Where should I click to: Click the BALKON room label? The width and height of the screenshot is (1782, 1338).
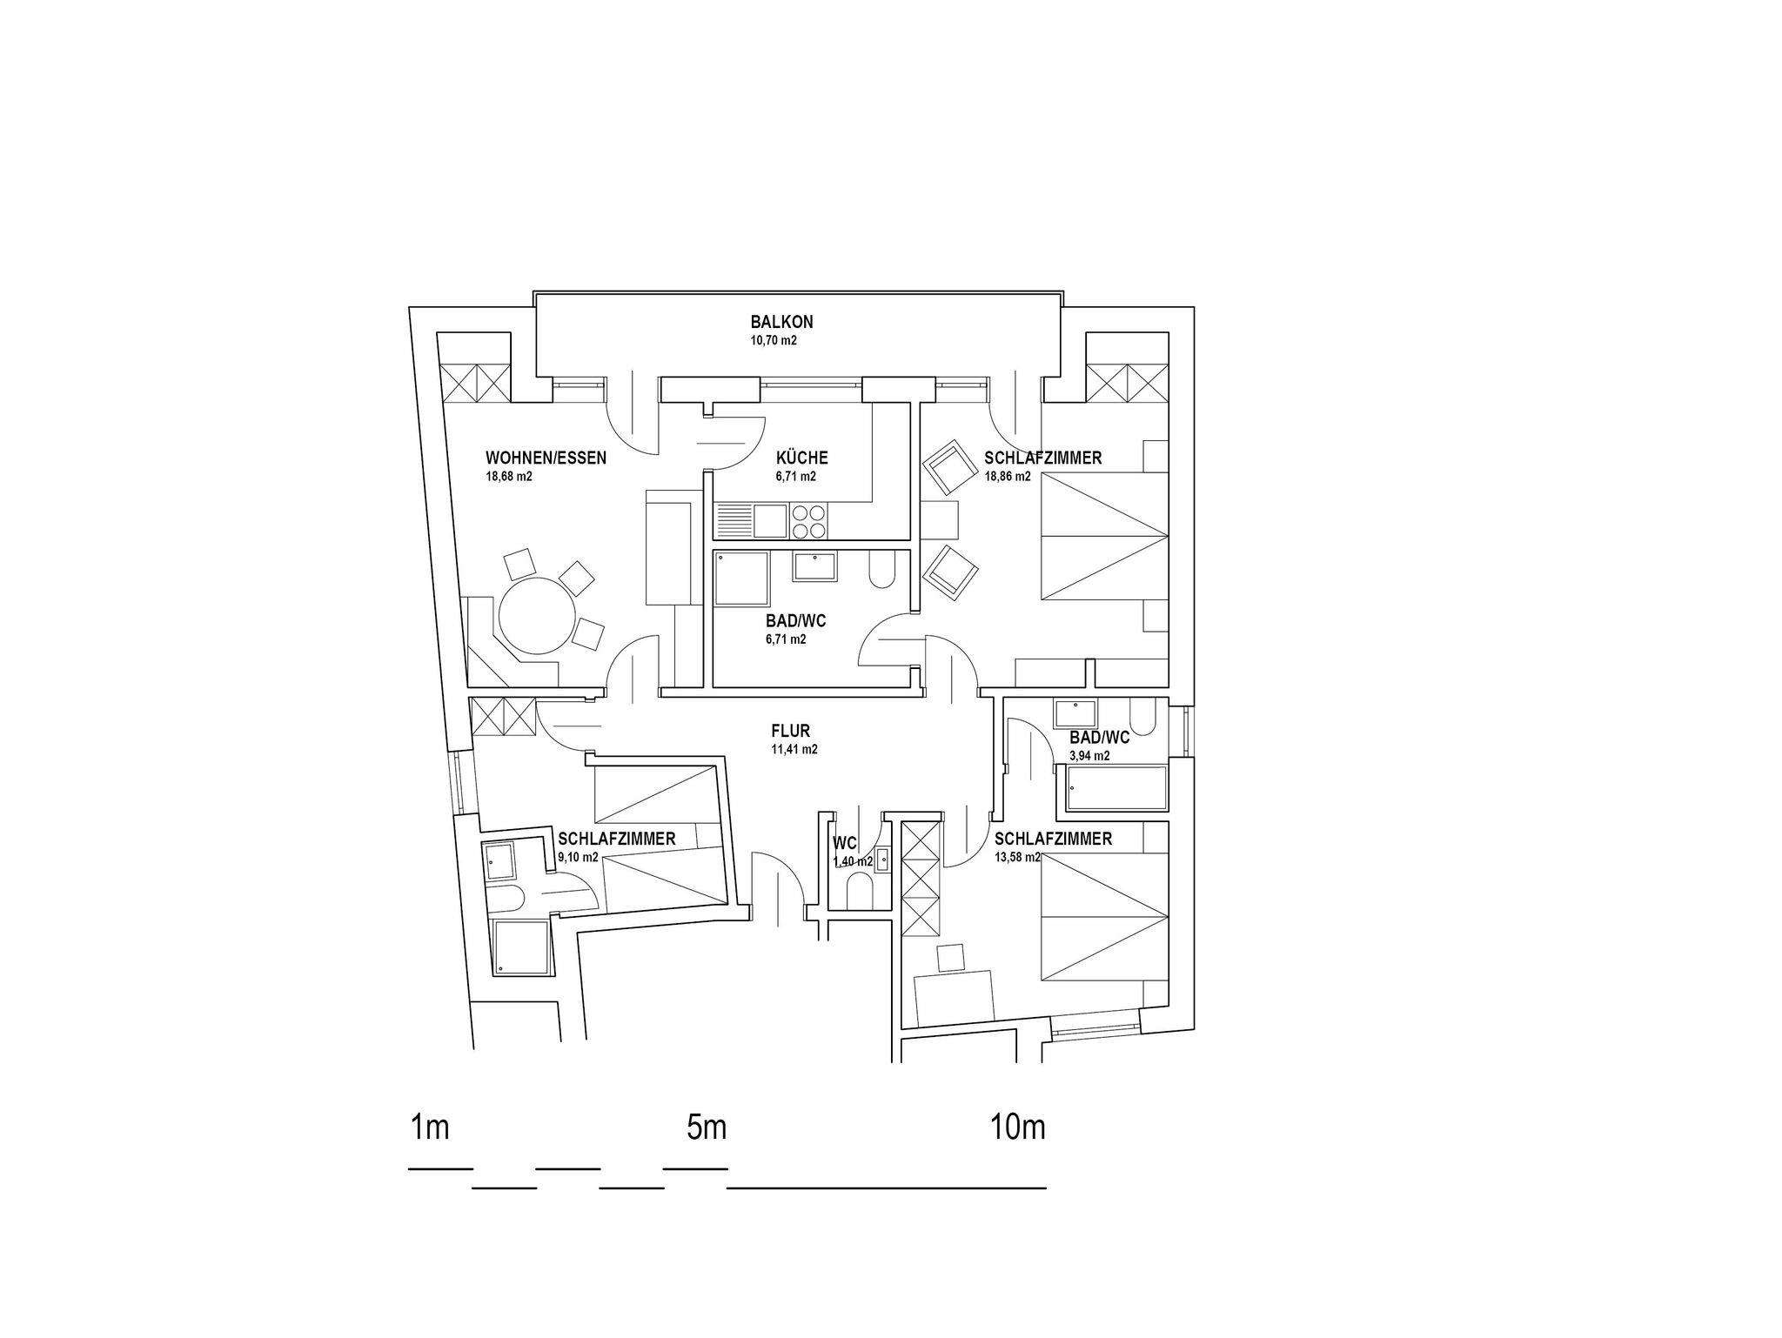pyautogui.click(x=781, y=322)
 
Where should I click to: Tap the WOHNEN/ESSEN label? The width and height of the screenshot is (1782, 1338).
pyautogui.click(x=546, y=458)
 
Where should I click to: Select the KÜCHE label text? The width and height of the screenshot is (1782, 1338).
pyautogui.click(x=801, y=458)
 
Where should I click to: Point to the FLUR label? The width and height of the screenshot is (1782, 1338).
pyautogui.click(x=790, y=731)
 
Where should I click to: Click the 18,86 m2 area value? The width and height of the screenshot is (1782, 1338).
pyautogui.click(x=1007, y=477)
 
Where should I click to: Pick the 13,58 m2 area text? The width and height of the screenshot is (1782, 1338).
pyautogui.click(x=1017, y=858)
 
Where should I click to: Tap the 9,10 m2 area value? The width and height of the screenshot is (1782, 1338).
pyautogui.click(x=578, y=858)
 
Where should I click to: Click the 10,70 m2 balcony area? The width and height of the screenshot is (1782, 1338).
pyautogui.click(x=774, y=341)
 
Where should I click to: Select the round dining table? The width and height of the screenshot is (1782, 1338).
pyautogui.click(x=535, y=615)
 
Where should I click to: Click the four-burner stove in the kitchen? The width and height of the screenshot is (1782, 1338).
pyautogui.click(x=809, y=521)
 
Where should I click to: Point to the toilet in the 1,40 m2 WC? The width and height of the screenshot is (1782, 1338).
pyautogui.click(x=861, y=892)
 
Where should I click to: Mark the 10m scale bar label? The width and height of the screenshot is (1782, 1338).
pyautogui.click(x=1017, y=1127)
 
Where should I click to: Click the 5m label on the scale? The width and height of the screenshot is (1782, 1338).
pyautogui.click(x=706, y=1127)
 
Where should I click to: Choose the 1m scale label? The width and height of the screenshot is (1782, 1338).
pyautogui.click(x=429, y=1127)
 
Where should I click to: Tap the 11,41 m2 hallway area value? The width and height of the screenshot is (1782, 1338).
pyautogui.click(x=794, y=749)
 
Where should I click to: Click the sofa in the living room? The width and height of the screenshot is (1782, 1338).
pyautogui.click(x=669, y=546)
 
